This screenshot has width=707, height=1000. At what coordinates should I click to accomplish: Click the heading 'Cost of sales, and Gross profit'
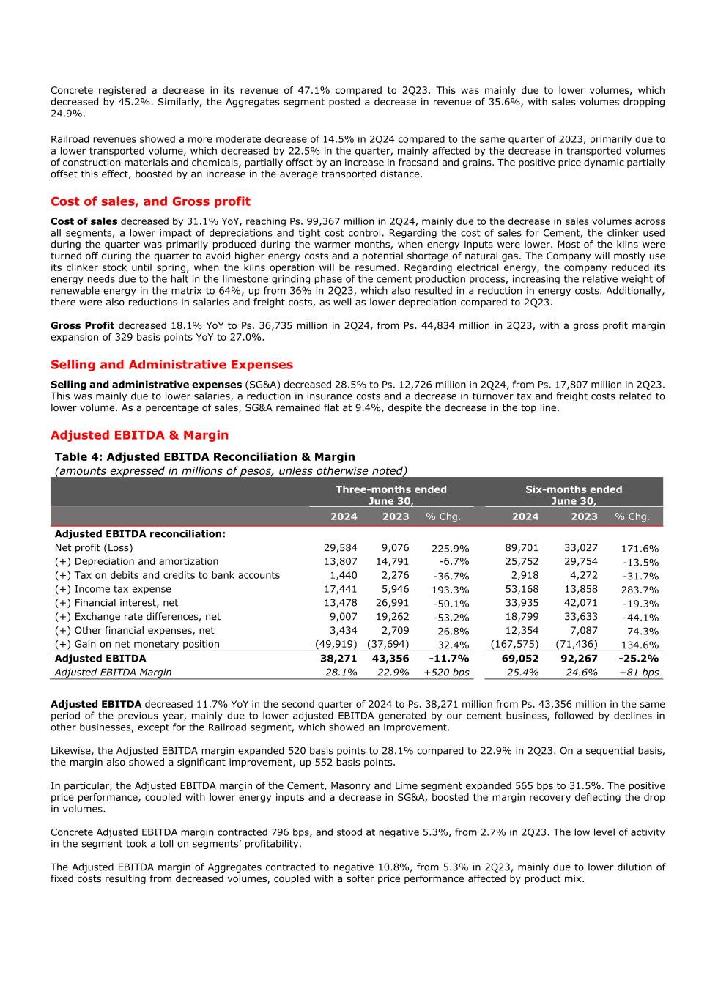click(150, 201)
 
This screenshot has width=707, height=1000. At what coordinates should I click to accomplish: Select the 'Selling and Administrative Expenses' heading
click(171, 365)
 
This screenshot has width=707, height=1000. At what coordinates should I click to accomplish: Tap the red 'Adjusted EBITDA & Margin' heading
click(139, 435)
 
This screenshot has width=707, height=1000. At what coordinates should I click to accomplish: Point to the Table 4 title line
click(204, 457)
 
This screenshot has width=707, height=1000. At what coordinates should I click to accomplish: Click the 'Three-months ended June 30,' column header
click(390, 495)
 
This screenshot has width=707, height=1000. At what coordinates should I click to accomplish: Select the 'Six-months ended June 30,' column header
click(573, 495)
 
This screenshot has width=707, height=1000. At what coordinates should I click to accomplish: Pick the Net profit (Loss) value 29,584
click(340, 548)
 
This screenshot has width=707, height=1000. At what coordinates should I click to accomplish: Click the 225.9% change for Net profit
click(451, 549)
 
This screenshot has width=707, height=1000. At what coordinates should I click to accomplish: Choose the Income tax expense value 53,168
click(522, 590)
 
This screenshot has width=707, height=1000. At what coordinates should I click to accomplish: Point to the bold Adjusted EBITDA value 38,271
click(339, 659)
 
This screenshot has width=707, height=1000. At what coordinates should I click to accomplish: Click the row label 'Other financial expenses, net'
click(134, 631)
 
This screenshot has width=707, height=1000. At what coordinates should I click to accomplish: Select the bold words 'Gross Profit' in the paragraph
click(82, 326)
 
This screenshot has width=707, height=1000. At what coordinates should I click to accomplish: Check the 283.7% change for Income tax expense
click(640, 590)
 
